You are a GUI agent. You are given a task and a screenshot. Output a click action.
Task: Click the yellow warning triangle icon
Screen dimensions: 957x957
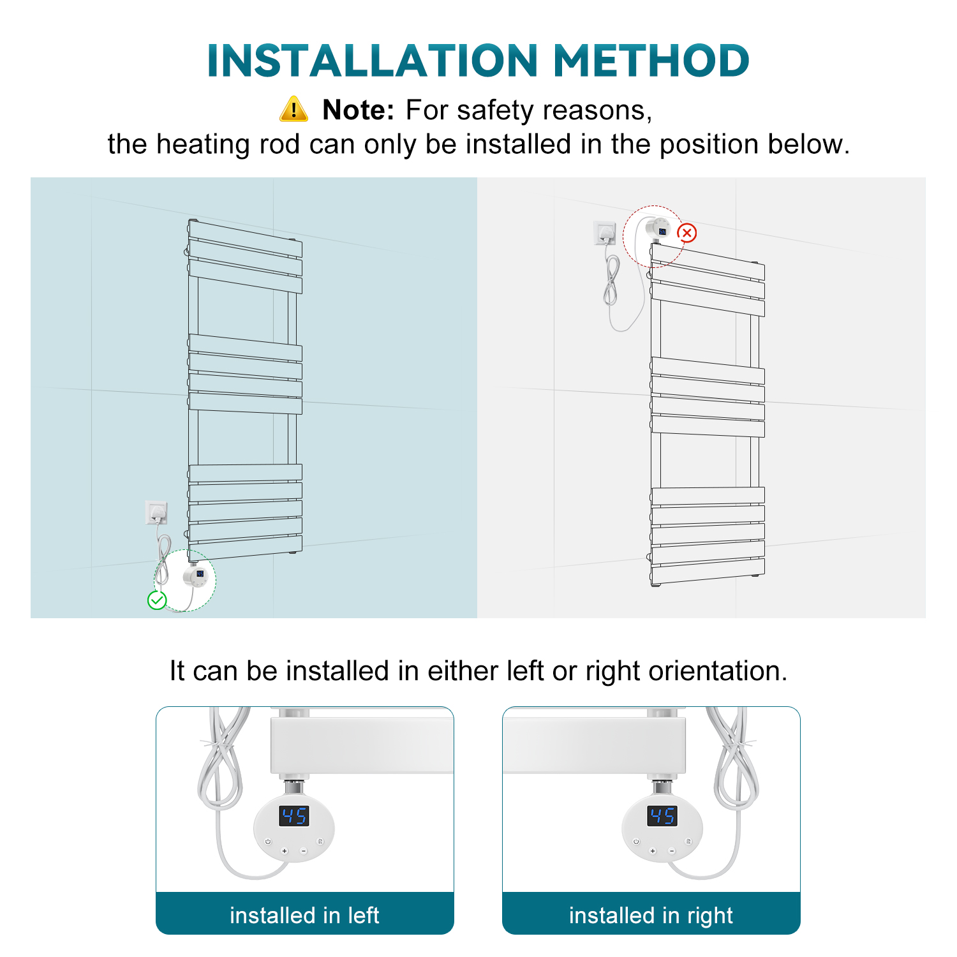click(293, 109)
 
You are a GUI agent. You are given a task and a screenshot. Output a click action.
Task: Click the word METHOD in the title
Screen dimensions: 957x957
click(651, 61)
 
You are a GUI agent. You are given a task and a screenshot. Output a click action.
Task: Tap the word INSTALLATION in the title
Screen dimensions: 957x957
click(373, 61)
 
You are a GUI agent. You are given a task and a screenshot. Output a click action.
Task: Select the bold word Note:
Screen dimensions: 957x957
click(359, 110)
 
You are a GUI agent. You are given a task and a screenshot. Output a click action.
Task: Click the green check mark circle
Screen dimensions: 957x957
click(157, 600)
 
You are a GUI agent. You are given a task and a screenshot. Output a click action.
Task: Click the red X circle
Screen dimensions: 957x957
click(687, 233)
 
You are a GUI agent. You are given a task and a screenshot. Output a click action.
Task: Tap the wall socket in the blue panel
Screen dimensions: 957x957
click(156, 512)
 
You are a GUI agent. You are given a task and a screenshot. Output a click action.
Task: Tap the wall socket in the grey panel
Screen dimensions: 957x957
click(605, 233)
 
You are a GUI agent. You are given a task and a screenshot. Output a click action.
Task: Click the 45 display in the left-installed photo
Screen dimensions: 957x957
click(294, 815)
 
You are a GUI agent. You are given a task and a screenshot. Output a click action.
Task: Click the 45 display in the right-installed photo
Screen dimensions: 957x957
click(662, 815)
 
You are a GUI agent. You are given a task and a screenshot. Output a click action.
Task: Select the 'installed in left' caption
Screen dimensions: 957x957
click(304, 916)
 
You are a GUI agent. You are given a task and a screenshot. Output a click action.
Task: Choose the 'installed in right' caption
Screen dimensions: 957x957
click(651, 916)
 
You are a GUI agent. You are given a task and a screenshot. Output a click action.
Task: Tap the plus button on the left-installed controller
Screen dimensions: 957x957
click(285, 851)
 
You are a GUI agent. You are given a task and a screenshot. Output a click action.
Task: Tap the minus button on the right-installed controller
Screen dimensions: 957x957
click(671, 851)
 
